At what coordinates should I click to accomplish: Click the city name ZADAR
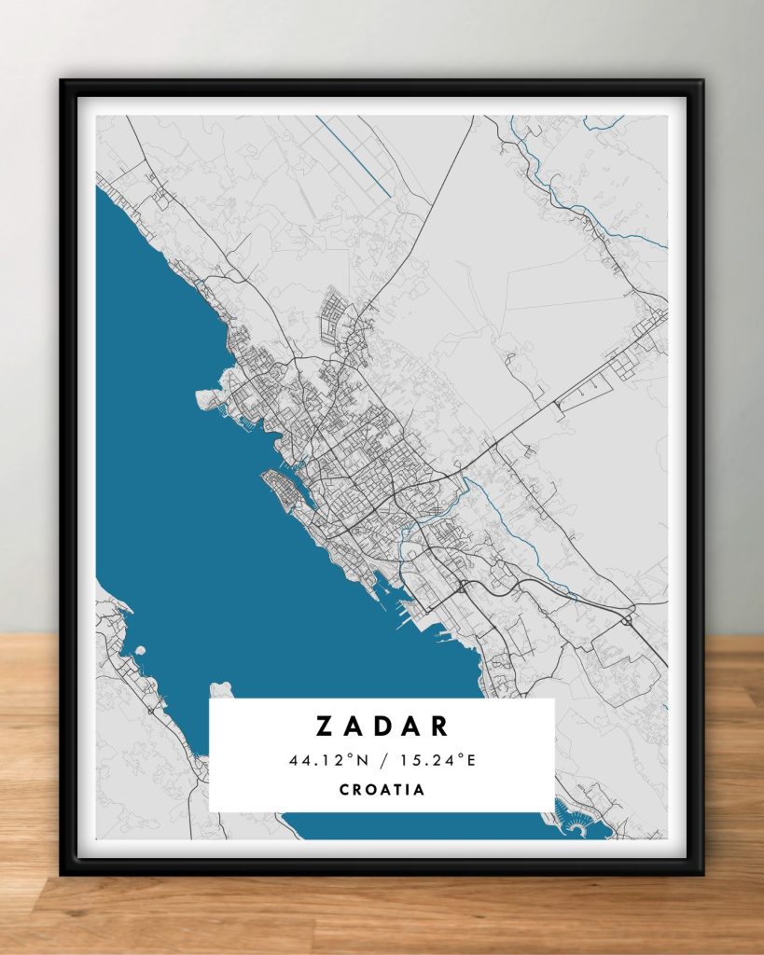point(382,727)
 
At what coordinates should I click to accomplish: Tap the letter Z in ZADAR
point(324,727)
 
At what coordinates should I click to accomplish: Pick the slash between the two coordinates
point(382,761)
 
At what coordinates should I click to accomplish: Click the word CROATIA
point(382,790)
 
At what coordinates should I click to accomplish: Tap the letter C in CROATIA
point(344,790)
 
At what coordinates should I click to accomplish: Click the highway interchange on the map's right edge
point(627,618)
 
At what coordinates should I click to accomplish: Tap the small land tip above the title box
point(220,690)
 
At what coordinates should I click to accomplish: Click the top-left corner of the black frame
point(63,83)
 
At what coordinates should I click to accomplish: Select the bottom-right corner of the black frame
point(701,873)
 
